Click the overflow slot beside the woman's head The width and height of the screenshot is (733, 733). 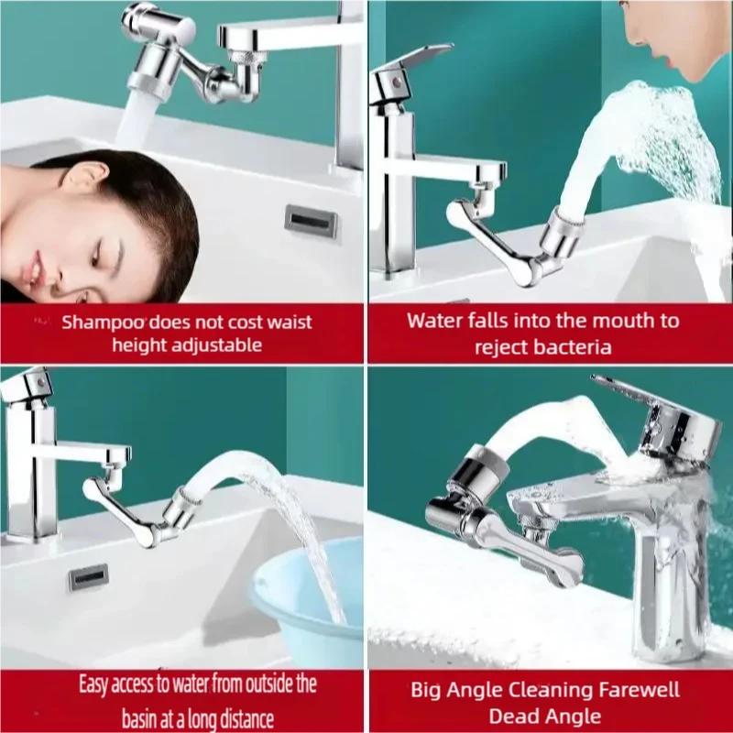pos(311,221)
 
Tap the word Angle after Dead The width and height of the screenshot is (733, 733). pos(569,716)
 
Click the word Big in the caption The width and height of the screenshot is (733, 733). pos(427,689)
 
